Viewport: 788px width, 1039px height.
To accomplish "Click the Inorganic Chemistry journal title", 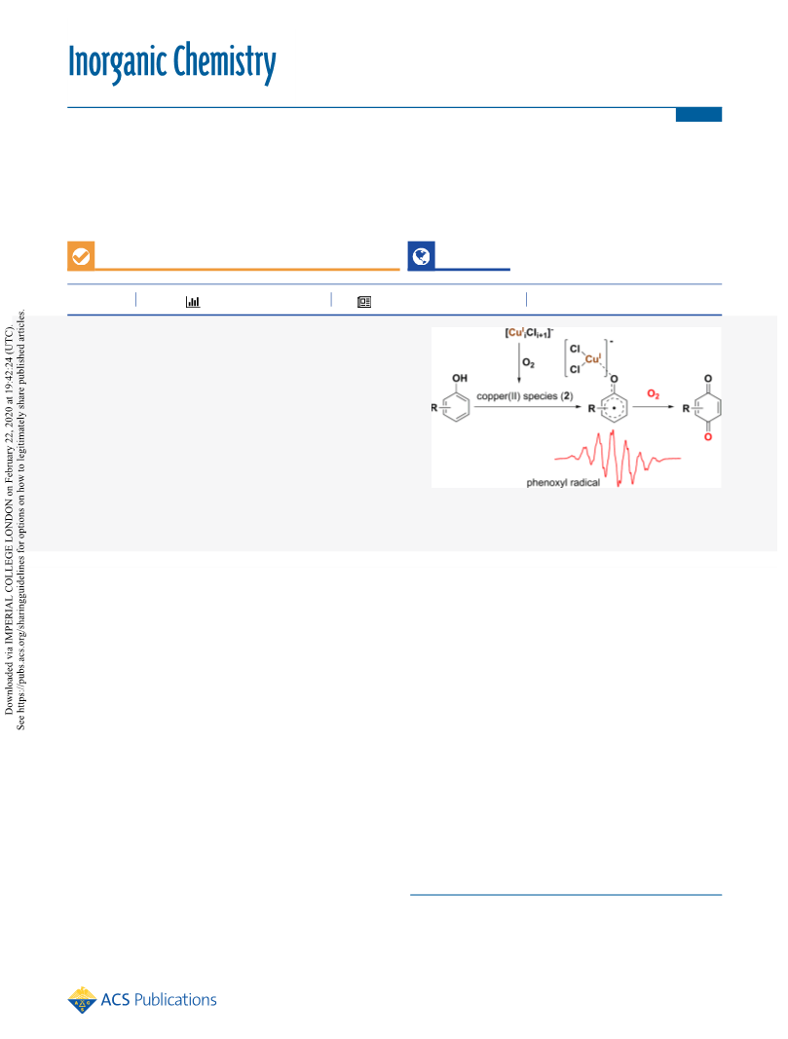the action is (171, 62).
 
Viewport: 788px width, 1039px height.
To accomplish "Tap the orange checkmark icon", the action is (81, 256).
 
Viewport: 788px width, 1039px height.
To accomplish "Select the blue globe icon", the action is (421, 256).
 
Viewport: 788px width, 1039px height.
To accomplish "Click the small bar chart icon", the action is (193, 302).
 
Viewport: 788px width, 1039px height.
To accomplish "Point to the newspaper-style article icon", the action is (364, 302).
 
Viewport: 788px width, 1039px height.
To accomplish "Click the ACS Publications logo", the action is (142, 999).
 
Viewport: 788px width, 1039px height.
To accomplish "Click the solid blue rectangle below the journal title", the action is (698, 115).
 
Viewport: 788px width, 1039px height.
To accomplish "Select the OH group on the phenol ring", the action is (460, 378).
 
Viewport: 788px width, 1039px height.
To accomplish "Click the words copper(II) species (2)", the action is (525, 395).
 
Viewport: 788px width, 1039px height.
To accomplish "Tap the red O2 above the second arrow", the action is (653, 393).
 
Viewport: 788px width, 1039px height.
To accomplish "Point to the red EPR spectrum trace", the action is (617, 458).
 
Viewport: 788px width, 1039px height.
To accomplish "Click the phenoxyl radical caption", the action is (563, 482).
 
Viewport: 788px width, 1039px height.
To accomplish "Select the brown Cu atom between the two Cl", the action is (592, 358).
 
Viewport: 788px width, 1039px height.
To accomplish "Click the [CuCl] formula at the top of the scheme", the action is (529, 333).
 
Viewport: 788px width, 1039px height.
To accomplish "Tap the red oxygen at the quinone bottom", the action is (708, 436).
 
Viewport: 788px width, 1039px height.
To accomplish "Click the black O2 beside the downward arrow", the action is (528, 362).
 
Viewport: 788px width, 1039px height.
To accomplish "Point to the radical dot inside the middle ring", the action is (615, 408).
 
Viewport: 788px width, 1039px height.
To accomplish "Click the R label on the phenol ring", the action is (434, 407).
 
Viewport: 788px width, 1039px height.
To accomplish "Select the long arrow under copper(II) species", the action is (528, 406).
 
